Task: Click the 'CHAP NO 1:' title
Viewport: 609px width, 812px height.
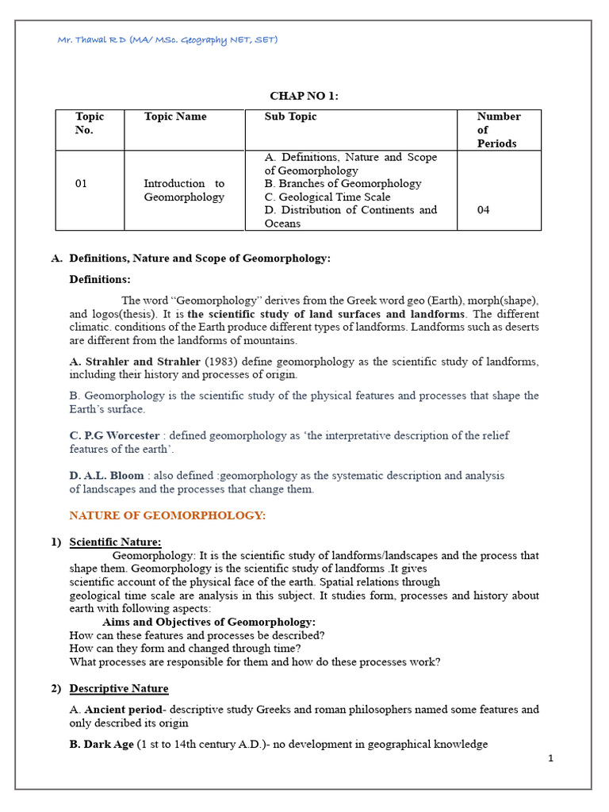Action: [304, 96]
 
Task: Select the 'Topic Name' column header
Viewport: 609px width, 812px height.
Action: [175, 117]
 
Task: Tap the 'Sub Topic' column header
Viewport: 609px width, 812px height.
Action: [290, 117]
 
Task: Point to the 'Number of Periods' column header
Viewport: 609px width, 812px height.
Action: [498, 130]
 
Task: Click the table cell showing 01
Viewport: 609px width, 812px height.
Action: [82, 183]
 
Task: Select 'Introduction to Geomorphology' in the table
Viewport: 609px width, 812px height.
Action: [184, 190]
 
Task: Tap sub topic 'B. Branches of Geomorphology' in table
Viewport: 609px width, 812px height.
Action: [343, 183]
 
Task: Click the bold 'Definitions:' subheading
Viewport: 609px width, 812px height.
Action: [100, 279]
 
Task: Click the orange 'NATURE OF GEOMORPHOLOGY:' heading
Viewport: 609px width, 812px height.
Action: [167, 515]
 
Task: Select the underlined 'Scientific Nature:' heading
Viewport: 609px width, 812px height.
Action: [115, 542]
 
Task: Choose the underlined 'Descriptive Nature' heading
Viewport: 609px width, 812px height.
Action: [119, 688]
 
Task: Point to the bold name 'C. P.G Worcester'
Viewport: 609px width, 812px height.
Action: [114, 435]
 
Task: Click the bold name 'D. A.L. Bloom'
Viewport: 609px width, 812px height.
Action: [107, 476]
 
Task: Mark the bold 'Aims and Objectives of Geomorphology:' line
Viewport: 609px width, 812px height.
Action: [209, 622]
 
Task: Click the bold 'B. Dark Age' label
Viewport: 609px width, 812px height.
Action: [101, 744]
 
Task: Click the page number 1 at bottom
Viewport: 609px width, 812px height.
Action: [550, 759]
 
